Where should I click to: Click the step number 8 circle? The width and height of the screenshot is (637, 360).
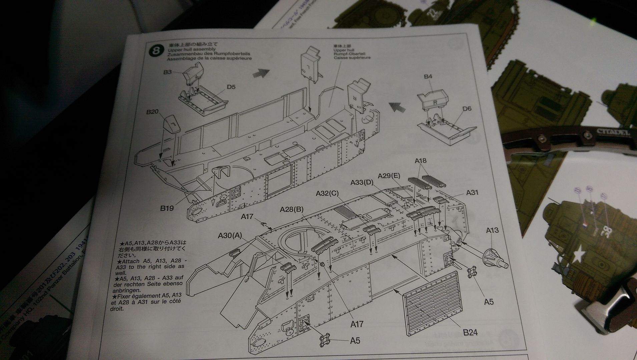(155, 51)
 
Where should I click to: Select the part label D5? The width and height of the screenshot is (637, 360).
(231, 87)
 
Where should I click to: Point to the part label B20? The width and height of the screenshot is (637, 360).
(152, 112)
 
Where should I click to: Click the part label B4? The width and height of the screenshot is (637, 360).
(428, 77)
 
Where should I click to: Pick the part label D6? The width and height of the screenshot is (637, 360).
(467, 109)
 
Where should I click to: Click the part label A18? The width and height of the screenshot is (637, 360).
(421, 161)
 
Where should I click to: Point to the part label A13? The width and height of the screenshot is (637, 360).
(492, 230)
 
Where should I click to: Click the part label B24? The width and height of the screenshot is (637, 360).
(470, 332)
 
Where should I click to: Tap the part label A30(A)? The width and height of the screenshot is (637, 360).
(230, 236)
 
